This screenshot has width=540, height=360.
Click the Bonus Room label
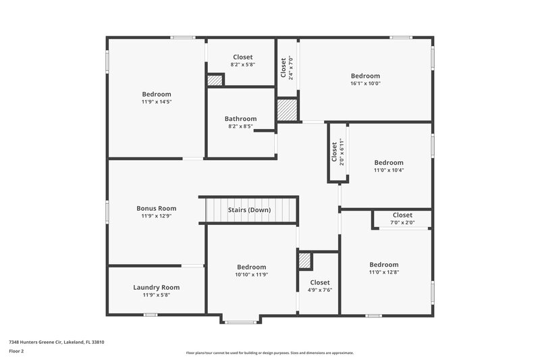coord(156,209)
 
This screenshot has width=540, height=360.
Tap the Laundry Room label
coord(156,287)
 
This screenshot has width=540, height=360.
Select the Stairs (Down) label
coord(249,210)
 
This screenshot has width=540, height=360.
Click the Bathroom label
coord(240,119)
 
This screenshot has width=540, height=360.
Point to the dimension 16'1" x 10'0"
coord(365,84)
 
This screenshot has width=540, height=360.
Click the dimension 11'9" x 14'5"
coord(156,102)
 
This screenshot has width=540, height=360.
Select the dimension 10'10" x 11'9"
coord(251,275)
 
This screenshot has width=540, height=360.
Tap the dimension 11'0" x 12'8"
coord(383,272)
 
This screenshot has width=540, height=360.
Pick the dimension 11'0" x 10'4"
coord(389,170)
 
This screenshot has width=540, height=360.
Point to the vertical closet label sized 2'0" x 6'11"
coord(334,151)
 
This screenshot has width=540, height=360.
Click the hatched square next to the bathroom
coord(287,110)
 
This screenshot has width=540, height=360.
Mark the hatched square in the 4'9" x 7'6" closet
coord(304,261)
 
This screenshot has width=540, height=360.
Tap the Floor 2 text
coord(17,352)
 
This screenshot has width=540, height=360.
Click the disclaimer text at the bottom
coord(269,353)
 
